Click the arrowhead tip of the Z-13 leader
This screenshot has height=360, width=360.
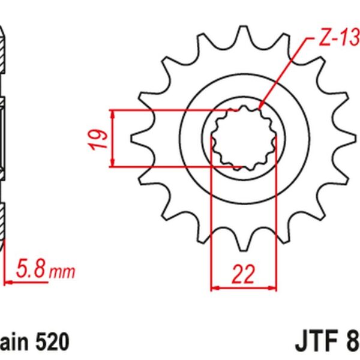coord(259,109)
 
